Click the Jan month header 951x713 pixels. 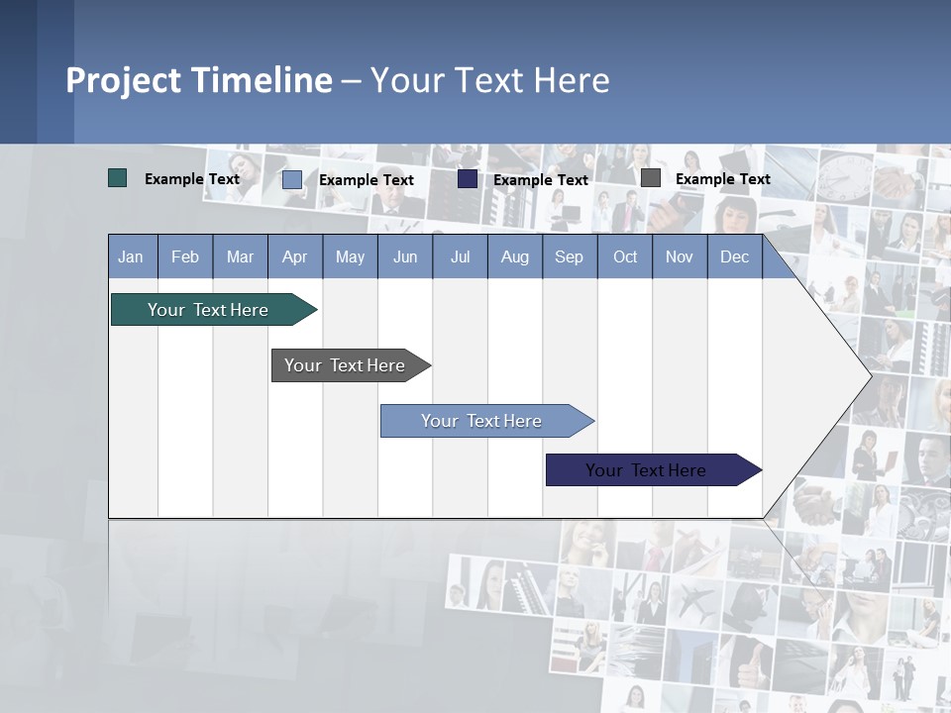[x=132, y=256]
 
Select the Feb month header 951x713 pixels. [x=185, y=256]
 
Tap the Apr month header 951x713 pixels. [x=295, y=256]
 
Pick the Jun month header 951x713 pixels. [x=405, y=256]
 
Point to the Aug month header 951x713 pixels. [x=515, y=256]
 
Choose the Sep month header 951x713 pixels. [x=570, y=256]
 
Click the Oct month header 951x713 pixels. [x=625, y=256]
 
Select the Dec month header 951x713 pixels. [x=735, y=256]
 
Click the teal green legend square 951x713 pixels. [x=118, y=178]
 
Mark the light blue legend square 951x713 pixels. [x=292, y=179]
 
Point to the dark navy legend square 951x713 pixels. [x=468, y=179]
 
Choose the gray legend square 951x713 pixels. [x=651, y=178]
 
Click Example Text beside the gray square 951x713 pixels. [x=722, y=179]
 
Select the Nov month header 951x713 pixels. [x=680, y=256]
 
